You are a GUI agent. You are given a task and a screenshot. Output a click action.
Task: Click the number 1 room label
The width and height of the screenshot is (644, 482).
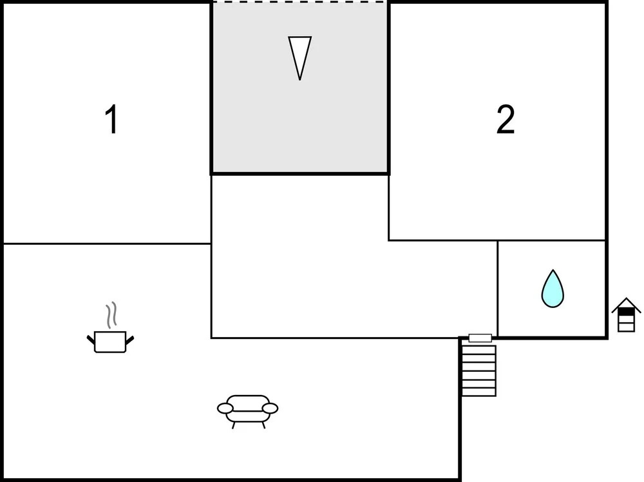pyautogui.click(x=111, y=120)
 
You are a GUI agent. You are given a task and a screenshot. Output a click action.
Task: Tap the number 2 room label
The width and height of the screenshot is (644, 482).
pyautogui.click(x=506, y=120)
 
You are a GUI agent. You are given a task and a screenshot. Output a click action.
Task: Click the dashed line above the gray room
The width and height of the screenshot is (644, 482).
pyautogui.click(x=300, y=3)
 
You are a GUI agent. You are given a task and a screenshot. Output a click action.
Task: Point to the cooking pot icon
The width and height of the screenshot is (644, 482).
pyautogui.click(x=111, y=340)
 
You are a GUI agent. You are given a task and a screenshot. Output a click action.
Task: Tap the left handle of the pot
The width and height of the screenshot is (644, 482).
pyautogui.click(x=91, y=338)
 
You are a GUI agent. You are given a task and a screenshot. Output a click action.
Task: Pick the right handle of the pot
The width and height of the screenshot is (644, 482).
pyautogui.click(x=130, y=338)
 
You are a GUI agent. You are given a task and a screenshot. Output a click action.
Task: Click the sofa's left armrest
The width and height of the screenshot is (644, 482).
pyautogui.click(x=225, y=408)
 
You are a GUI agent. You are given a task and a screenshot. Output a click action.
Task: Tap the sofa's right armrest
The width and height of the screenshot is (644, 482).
pyautogui.click(x=270, y=408)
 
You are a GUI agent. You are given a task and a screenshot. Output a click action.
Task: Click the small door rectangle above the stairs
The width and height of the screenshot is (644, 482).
pyautogui.click(x=480, y=338)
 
